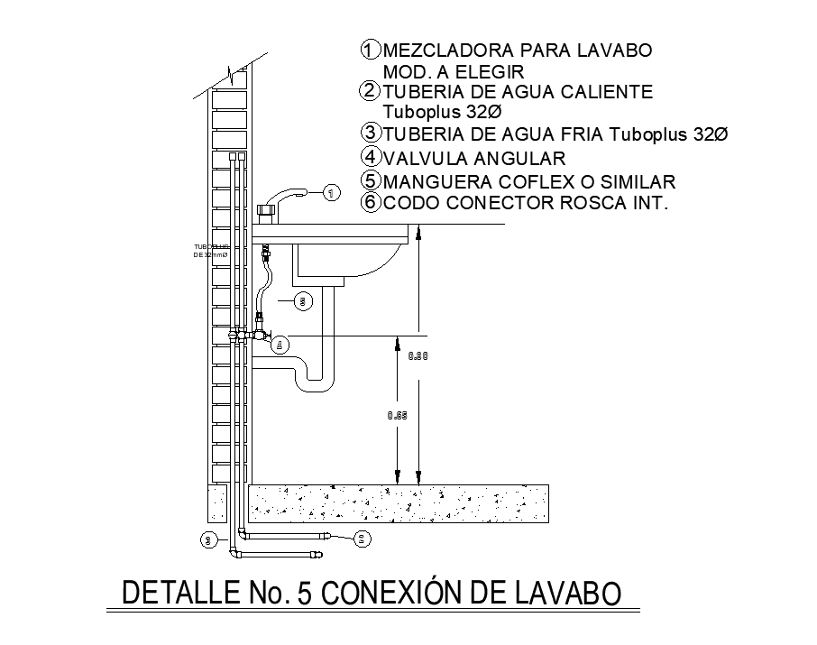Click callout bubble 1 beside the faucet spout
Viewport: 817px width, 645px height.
[332, 192]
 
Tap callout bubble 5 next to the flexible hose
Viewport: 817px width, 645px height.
[304, 301]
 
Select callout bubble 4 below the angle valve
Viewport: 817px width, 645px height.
[280, 344]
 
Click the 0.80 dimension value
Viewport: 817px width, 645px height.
[418, 356]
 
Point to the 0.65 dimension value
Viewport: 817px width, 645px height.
[397, 416]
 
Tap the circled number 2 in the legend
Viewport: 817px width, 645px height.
[370, 91]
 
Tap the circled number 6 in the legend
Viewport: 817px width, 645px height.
[370, 202]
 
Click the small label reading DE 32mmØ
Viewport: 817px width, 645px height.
[210, 254]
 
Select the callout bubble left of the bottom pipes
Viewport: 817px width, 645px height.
[209, 540]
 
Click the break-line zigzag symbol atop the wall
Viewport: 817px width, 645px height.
[236, 68]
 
